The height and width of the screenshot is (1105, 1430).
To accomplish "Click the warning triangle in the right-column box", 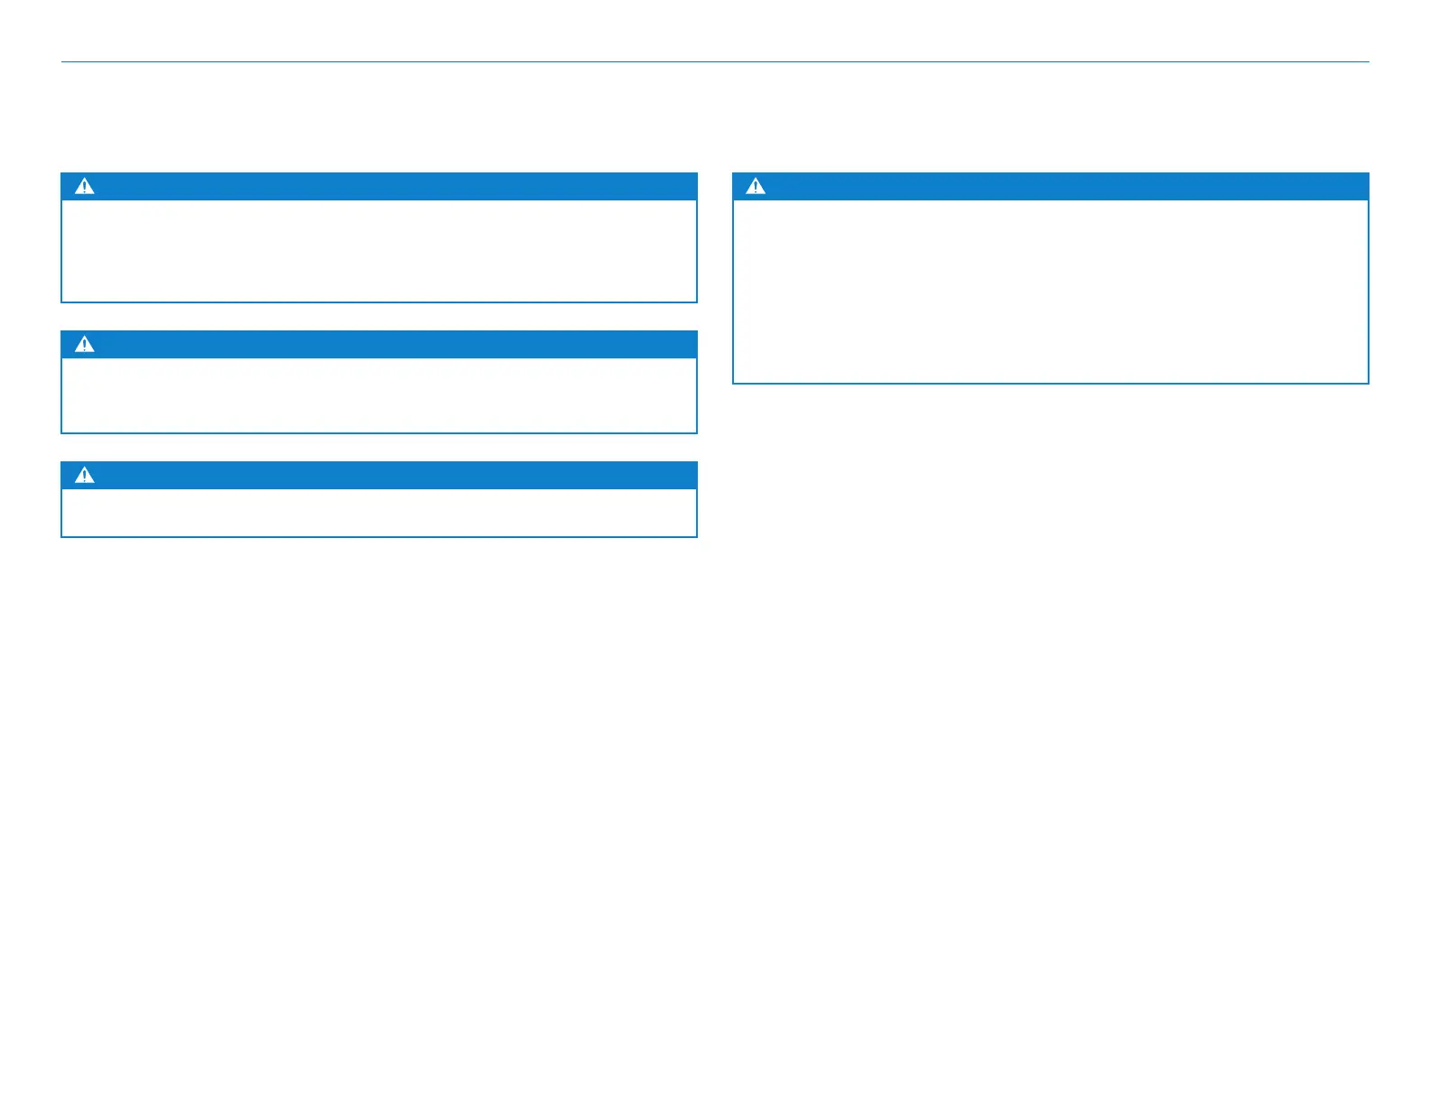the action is click(756, 186).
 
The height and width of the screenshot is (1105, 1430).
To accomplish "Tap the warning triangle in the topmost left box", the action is click(84, 186).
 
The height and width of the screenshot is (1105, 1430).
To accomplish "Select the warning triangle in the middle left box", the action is click(84, 344).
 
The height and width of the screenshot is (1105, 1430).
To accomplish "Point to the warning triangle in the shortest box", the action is click(84, 475).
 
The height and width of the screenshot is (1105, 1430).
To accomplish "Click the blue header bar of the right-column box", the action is click(1051, 186).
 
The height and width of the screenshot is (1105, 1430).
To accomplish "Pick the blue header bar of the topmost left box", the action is click(379, 186).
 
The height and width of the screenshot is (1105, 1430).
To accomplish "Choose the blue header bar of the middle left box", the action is click(379, 344).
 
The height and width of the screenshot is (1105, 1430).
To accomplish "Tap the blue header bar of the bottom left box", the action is click(379, 475).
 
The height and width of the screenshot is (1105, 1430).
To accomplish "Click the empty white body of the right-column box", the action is click(1051, 291).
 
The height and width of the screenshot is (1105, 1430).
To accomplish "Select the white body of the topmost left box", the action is click(379, 250).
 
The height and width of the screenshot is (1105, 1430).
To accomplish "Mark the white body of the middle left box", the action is click(379, 395).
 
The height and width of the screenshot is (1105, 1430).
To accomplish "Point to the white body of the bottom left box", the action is click(379, 512).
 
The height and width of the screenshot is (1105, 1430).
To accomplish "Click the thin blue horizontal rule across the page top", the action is click(715, 62).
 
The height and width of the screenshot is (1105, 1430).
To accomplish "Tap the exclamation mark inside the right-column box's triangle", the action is click(756, 188).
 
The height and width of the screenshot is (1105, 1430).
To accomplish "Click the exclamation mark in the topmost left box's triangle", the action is click(84, 188).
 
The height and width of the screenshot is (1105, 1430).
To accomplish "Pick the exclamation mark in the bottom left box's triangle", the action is click(84, 477).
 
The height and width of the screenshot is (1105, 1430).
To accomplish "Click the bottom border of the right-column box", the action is click(1051, 383).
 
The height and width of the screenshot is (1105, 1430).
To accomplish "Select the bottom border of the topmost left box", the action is click(379, 302).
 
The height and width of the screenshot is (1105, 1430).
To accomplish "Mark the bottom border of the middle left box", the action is click(379, 432).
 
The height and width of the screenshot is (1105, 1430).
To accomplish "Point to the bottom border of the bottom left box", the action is click(379, 536).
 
